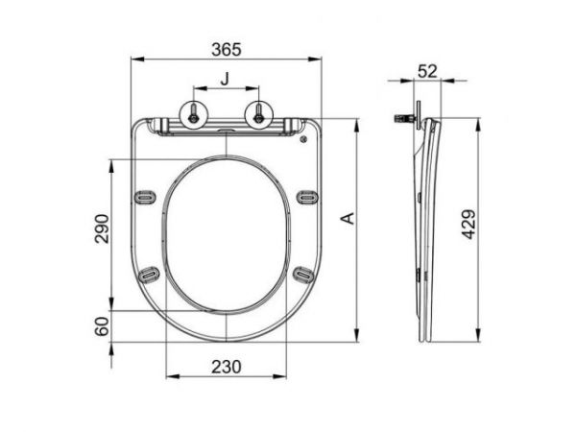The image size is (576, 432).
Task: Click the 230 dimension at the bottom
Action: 227,365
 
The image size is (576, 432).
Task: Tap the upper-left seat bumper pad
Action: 146,197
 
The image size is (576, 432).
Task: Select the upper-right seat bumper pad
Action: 306,197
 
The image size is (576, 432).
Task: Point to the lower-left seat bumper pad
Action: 149,276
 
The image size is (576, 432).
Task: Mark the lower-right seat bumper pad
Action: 303,276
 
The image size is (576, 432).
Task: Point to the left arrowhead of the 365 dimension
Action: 132,61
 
